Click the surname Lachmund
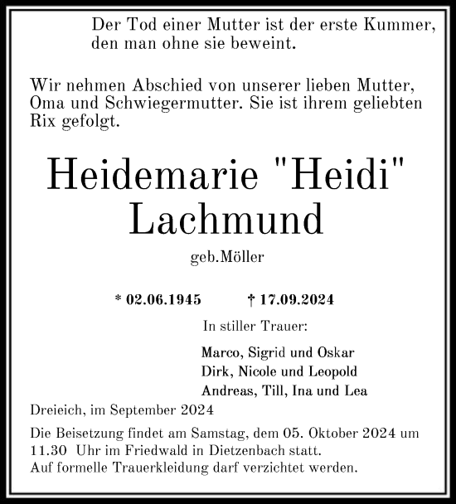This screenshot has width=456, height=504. pyautogui.click(x=227, y=217)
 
